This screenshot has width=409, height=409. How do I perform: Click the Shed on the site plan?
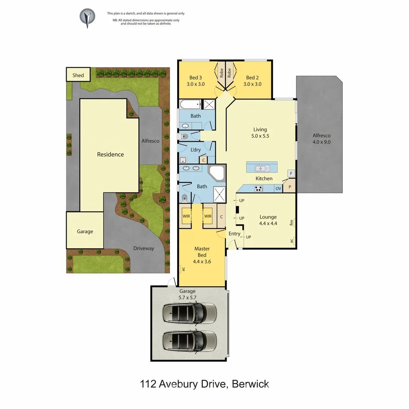[78, 75]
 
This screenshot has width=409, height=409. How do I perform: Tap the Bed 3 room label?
[195, 78]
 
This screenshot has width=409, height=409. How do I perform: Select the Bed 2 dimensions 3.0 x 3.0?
[252, 84]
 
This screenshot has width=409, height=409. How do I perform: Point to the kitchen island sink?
[261, 168]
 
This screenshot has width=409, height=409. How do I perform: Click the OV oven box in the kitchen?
[278, 188]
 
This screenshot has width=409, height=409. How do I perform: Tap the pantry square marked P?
[290, 187]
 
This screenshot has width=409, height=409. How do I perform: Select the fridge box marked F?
[291, 174]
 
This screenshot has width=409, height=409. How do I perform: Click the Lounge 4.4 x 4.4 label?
[268, 220]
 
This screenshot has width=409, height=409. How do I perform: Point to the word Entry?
[234, 234]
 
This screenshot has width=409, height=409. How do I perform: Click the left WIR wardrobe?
[186, 216]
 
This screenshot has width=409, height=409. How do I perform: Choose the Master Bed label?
[202, 252]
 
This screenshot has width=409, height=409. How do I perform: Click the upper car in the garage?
[189, 313]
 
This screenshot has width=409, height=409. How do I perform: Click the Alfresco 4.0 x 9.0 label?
[321, 139]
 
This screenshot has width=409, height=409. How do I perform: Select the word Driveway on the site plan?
[144, 248]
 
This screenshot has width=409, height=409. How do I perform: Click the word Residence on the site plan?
[110, 154]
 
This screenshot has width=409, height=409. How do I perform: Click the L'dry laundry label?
[195, 150]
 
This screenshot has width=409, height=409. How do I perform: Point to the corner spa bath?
[217, 175]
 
